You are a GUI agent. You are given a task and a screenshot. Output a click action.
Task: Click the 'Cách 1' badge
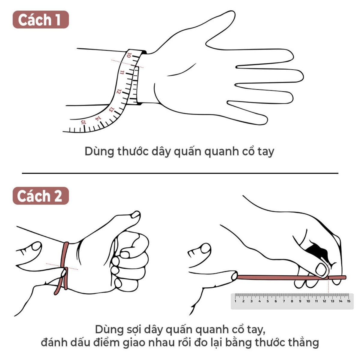[x=41, y=20]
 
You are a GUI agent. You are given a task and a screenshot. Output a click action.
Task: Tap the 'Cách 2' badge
[x=41, y=196]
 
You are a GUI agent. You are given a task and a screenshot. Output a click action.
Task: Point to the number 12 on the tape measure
[x=119, y=91]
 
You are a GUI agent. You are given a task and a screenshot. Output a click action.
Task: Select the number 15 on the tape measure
[x=83, y=122]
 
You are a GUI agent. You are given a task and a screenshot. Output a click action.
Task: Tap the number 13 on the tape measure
[x=111, y=109]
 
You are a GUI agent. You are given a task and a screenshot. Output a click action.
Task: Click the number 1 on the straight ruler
[x=235, y=301]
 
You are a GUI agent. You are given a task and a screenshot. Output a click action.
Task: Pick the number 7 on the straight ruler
[x=284, y=301]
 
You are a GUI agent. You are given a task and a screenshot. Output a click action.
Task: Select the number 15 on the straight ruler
[x=348, y=301]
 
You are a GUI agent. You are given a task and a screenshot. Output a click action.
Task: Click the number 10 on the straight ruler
[x=308, y=301]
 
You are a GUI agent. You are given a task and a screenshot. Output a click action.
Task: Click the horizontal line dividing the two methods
[x=180, y=173]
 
